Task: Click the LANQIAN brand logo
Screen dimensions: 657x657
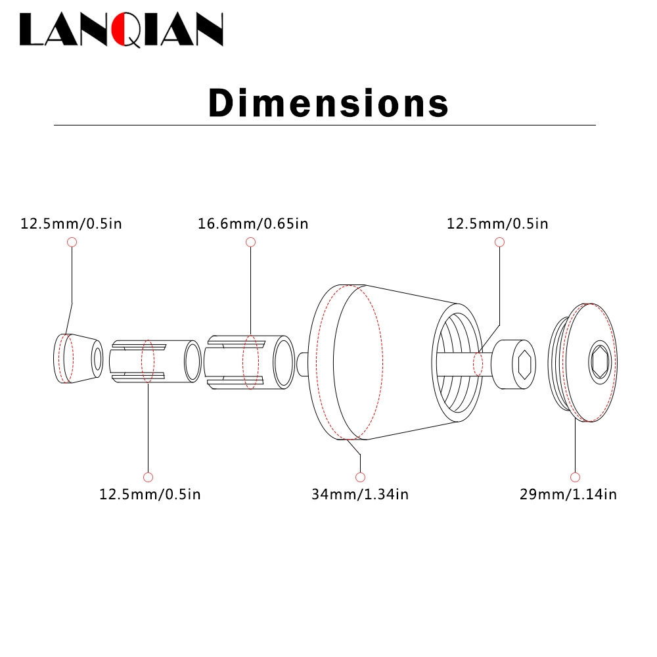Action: click(122, 30)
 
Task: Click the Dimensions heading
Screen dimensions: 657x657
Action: click(328, 102)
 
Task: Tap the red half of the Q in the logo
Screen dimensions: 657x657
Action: click(117, 29)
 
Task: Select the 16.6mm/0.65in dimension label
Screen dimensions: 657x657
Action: click(253, 224)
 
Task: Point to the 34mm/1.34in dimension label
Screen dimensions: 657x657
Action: click(360, 495)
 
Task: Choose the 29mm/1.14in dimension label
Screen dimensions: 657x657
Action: click(568, 495)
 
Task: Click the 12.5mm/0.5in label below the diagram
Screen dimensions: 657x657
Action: click(150, 495)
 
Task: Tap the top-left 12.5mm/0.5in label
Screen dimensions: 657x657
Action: click(71, 224)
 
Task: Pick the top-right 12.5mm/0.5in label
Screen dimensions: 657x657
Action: click(497, 224)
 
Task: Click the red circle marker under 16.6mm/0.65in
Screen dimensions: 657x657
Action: click(250, 242)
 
